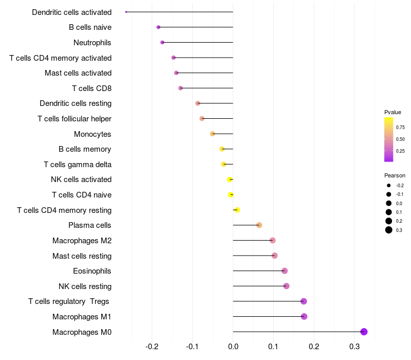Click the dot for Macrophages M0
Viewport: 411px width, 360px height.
[364, 332]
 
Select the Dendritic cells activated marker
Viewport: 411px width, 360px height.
[126, 12]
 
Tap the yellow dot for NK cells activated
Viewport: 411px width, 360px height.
[230, 179]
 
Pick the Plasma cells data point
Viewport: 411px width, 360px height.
[259, 225]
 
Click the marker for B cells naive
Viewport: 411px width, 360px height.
[158, 27]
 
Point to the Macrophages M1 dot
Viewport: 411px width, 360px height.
[304, 317]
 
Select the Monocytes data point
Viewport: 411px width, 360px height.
[213, 134]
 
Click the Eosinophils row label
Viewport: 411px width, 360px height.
[92, 271]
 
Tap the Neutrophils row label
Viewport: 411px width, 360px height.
[92, 42]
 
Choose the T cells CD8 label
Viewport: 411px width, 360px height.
[91, 88]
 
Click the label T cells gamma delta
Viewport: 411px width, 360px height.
[78, 165]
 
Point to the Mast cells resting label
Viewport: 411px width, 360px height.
[82, 256]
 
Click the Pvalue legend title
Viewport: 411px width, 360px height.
[393, 112]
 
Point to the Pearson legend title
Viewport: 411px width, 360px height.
[395, 175]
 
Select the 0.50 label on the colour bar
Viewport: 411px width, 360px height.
[400, 139]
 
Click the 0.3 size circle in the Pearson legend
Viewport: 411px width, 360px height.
[389, 230]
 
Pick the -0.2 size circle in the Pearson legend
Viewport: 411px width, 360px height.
[389, 185]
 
